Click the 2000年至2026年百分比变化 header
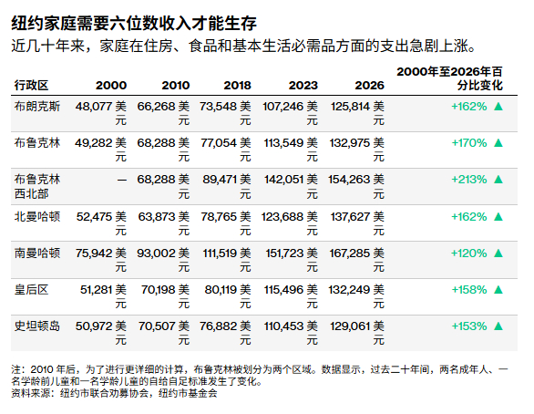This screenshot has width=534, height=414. (458, 77)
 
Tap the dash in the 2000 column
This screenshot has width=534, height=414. (122, 179)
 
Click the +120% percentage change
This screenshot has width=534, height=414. (468, 252)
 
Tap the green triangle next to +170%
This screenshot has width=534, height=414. (498, 142)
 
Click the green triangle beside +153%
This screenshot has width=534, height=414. (498, 326)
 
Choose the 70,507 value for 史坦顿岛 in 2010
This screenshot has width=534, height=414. (155, 326)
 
